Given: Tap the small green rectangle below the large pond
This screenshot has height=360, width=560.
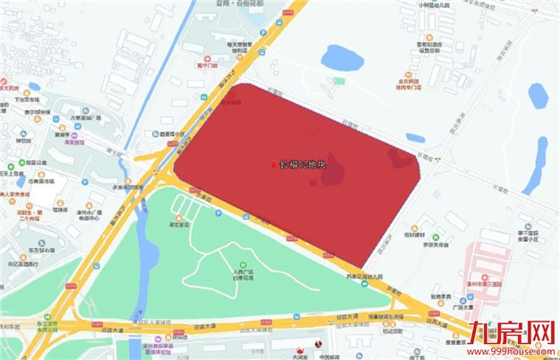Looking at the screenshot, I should click(x=339, y=81).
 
